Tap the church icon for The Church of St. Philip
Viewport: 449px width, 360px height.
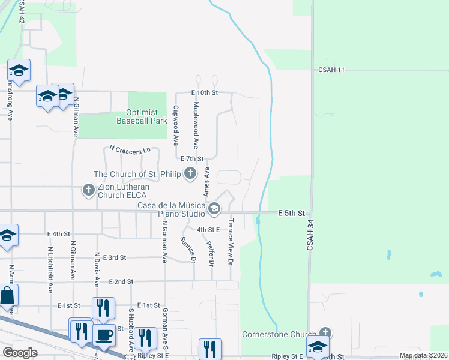(190, 174)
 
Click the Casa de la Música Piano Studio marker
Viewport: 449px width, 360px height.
(214, 209)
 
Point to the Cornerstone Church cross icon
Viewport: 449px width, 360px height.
(325, 333)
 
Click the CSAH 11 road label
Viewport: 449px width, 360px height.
(332, 70)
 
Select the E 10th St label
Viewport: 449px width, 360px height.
(203, 93)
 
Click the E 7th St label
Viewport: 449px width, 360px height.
(193, 158)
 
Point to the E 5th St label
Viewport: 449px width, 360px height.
(292, 213)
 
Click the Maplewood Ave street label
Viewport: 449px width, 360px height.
(196, 125)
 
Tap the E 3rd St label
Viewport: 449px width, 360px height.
(115, 257)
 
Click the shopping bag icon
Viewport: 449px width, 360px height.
(7, 295)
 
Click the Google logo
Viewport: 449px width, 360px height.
(20, 353)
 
